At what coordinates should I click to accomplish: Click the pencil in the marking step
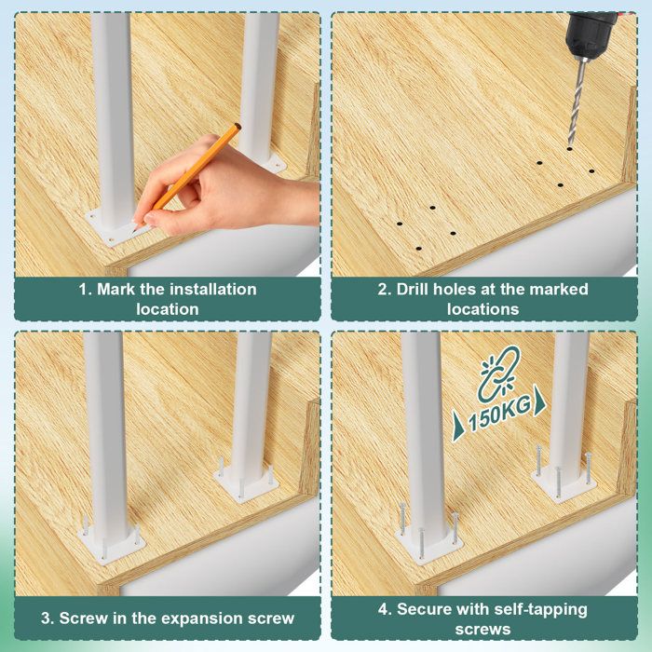pos(187,176)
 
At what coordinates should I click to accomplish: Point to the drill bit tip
pos(570,146)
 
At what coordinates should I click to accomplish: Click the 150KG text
pos(499,414)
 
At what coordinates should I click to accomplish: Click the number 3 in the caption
pos(47,618)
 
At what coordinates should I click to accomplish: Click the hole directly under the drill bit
pos(569,148)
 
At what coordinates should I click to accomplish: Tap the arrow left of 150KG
pos(458,425)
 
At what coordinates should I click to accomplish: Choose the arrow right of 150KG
pos(539,401)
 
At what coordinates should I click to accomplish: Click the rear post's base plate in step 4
pos(564,483)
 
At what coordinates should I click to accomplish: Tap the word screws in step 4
pos(482,629)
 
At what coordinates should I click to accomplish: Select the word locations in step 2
pos(482,309)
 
